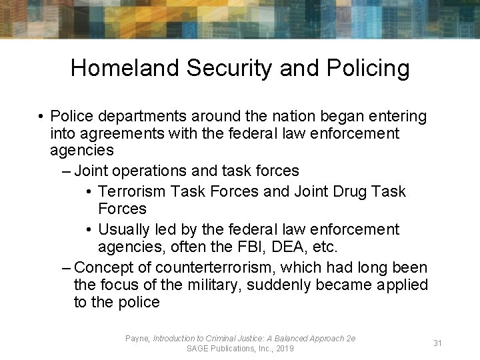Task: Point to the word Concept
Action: (x=105, y=268)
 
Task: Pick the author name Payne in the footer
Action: (x=137, y=339)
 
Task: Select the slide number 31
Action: (x=438, y=343)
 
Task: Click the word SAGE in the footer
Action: (x=198, y=349)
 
